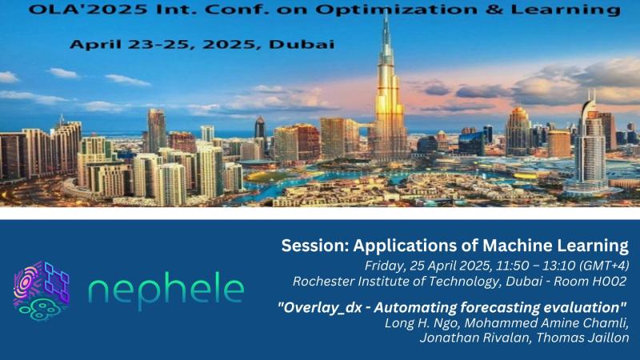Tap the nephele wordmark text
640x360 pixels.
point(166,290)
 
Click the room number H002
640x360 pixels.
point(610,281)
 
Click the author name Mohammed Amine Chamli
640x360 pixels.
point(552,323)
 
